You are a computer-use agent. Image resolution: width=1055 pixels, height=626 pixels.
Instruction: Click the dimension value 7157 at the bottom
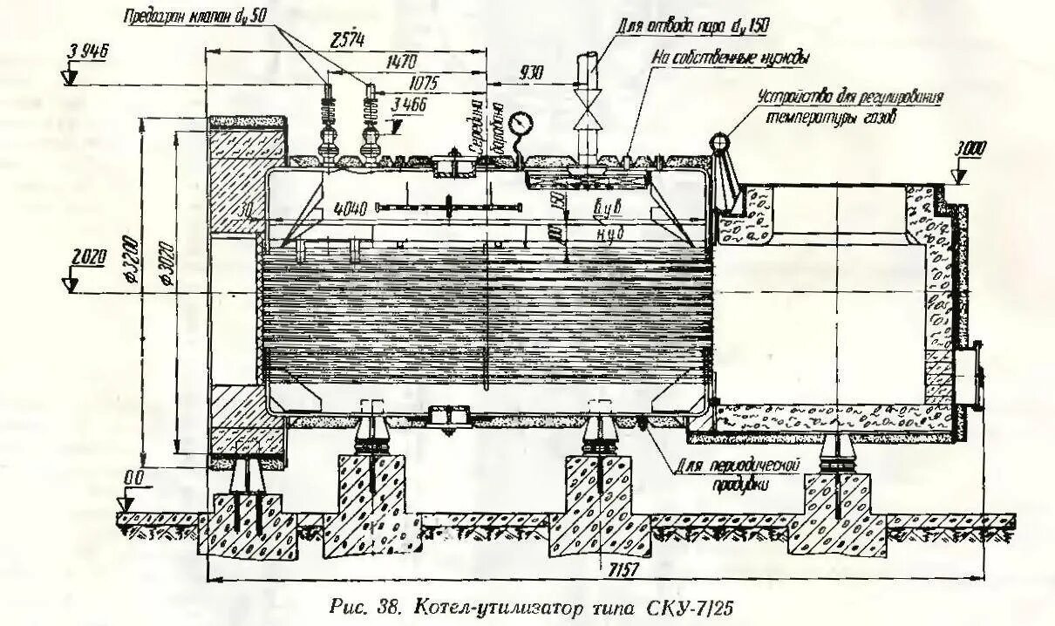[622, 568]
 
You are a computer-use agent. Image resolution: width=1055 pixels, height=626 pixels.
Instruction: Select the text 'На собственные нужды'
[731, 58]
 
